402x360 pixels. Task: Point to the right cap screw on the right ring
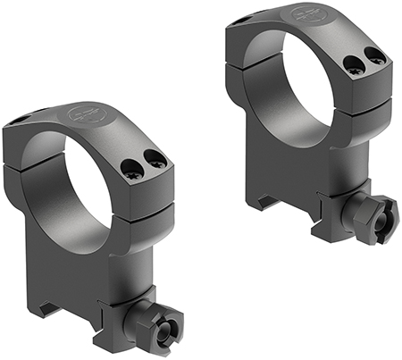[x=375, y=57]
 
